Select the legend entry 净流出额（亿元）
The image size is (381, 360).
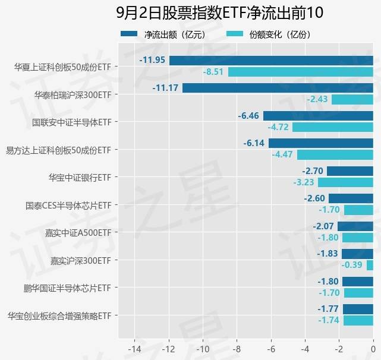coord(163,34)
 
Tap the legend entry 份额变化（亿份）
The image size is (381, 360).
coord(267,34)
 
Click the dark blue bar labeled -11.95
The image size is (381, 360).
coord(271,61)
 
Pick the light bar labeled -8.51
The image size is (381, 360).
coord(300,72)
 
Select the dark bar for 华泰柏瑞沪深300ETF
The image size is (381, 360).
coord(278,88)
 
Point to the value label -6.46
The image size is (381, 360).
coord(248,116)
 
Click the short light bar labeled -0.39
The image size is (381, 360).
coord(370,266)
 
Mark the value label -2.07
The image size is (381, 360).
coord(324,226)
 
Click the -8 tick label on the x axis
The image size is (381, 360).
coord(237,349)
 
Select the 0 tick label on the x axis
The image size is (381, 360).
coord(373,349)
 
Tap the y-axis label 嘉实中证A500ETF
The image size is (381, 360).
coord(80,232)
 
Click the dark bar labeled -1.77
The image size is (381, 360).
coord(358,309)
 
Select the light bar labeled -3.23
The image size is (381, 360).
coord(345,182)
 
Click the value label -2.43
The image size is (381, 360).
coord(317,99)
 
